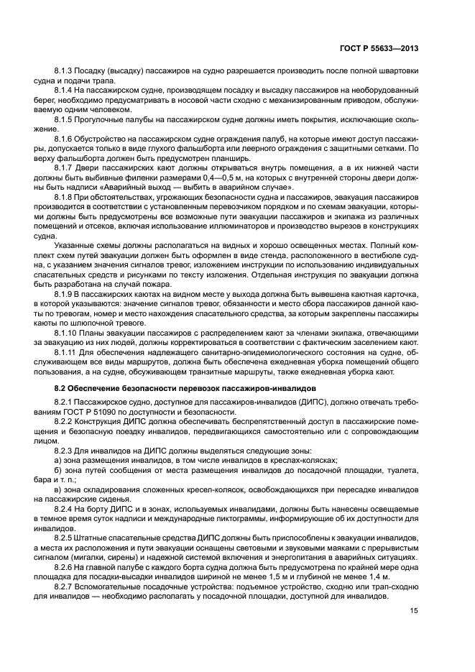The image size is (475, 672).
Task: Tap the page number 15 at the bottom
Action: coord(414,610)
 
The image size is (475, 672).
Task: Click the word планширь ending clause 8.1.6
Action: coord(229,157)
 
